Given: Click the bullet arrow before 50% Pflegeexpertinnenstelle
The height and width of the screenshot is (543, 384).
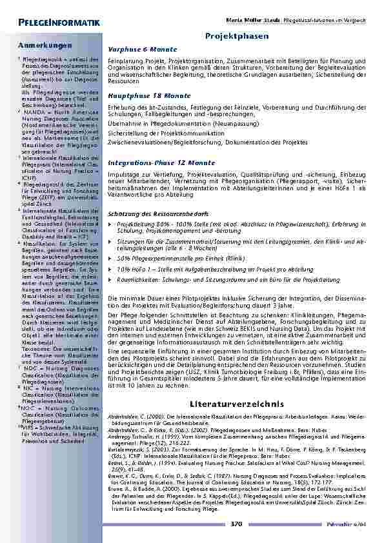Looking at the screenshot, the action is pyautogui.click(x=110, y=257).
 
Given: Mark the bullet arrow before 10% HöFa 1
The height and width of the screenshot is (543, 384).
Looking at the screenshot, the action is pyautogui.click(x=110, y=268).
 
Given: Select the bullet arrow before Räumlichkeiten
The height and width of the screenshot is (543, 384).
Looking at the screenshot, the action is pyautogui.click(x=110, y=280).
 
